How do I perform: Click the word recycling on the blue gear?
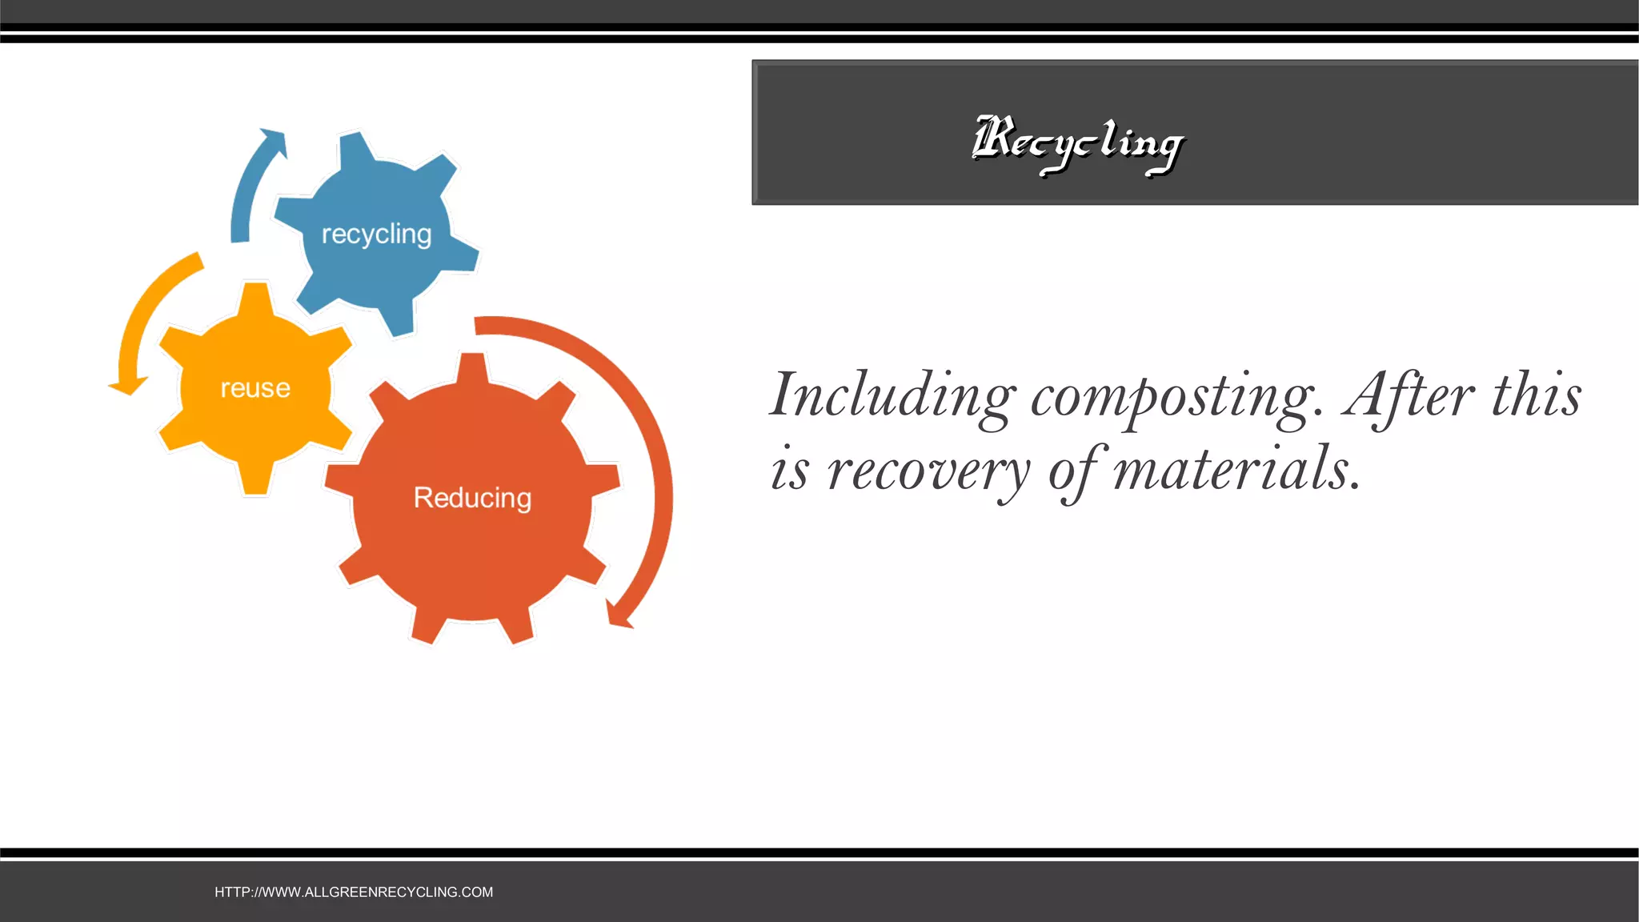[376, 235]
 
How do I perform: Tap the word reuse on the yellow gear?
[255, 388]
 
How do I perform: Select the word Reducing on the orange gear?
[472, 498]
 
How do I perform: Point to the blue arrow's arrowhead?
[274, 141]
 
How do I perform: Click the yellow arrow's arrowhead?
[129, 387]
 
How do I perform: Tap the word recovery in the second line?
[928, 471]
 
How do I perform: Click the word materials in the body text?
[1236, 469]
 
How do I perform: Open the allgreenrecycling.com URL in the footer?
[354, 892]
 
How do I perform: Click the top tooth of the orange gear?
[473, 368]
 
